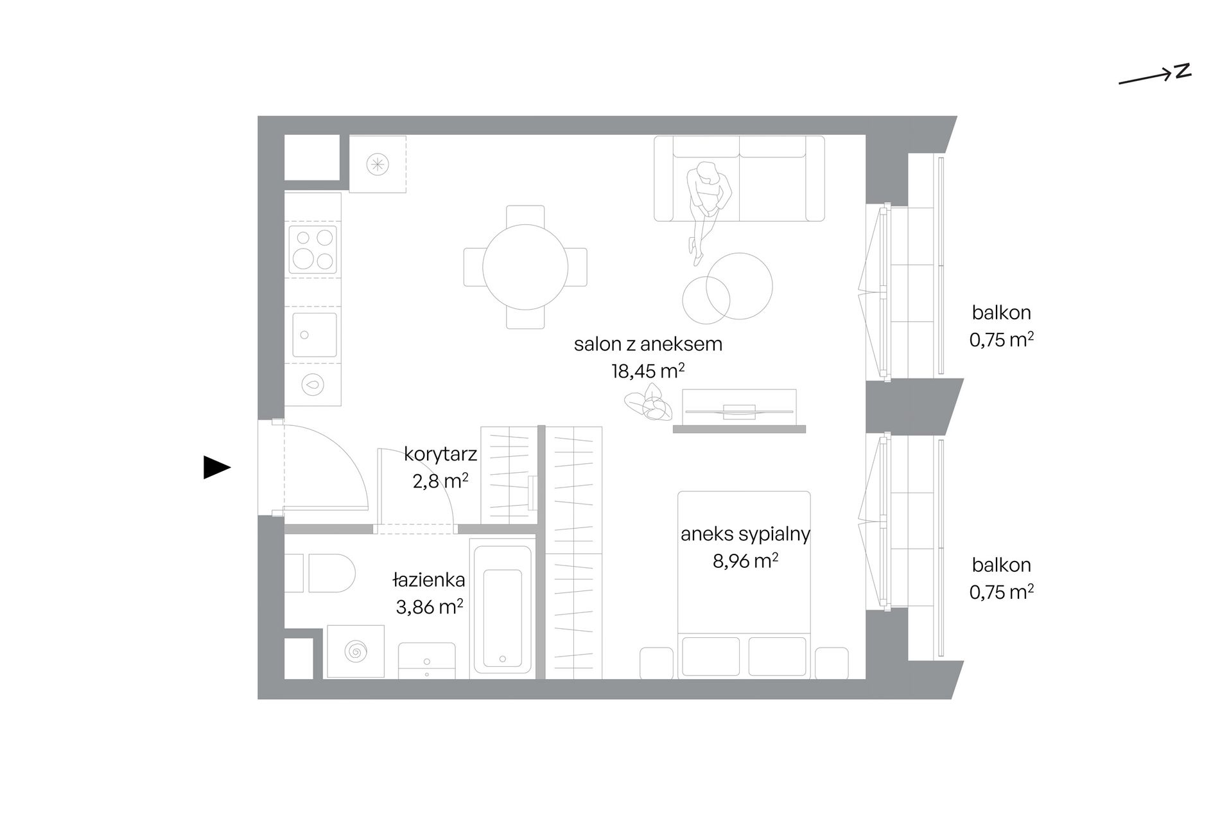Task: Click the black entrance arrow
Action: click(216, 467)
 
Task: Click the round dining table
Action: click(525, 267)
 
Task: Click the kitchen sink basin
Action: click(314, 335)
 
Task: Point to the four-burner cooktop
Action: click(313, 249)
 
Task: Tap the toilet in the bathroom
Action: click(320, 573)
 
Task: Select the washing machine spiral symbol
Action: click(354, 651)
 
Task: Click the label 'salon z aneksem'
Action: click(648, 344)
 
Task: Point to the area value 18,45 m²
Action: click(648, 371)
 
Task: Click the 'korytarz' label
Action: click(440, 454)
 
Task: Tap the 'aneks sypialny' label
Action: click(745, 535)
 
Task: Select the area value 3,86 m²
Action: click(430, 606)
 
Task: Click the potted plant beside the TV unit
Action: click(649, 402)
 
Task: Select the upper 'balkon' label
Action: click(1001, 313)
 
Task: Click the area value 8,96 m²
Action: click(745, 561)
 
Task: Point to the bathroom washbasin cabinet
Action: click(426, 660)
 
